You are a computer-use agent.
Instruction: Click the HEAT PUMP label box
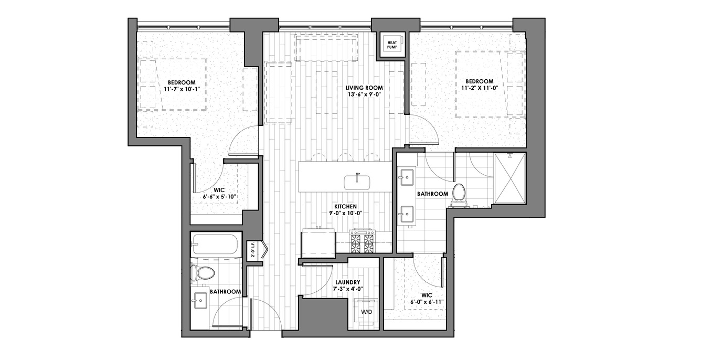pos(392,45)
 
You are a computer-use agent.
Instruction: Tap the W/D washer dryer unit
pos(366,312)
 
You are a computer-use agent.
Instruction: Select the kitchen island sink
pos(357,182)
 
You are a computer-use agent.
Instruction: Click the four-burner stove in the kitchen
pos(363,241)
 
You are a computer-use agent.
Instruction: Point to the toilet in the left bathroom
pos(203,272)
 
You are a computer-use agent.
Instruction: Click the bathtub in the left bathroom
pos(216,245)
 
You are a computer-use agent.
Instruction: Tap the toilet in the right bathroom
pos(459,196)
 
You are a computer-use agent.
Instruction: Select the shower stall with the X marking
pos(510,178)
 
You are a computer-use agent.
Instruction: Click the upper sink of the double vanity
pos(406,177)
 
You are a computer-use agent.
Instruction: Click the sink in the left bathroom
pos(200,301)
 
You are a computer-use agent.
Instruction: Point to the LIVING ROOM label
pos(364,88)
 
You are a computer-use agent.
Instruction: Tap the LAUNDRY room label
pos(347,282)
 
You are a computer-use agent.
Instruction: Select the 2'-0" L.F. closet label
pos(253,249)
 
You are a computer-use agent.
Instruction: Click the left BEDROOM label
pos(182,82)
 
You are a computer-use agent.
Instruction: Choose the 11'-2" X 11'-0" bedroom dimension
pos(480,88)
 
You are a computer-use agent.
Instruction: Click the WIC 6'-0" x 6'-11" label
pos(427,299)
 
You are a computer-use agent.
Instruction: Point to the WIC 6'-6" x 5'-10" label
pos(219,194)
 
